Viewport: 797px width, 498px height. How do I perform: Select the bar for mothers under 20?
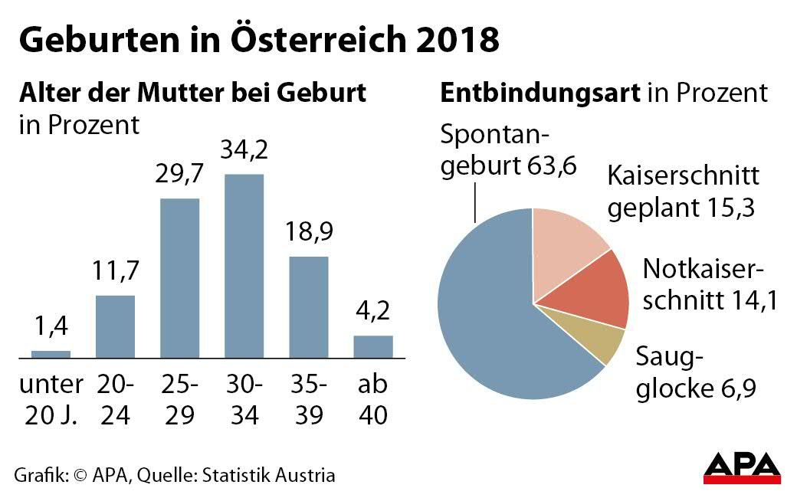(x=51, y=354)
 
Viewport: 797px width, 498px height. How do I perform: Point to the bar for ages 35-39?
(x=308, y=306)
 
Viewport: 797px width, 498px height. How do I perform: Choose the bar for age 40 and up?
(x=373, y=346)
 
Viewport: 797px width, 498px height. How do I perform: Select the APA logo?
(x=742, y=468)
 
